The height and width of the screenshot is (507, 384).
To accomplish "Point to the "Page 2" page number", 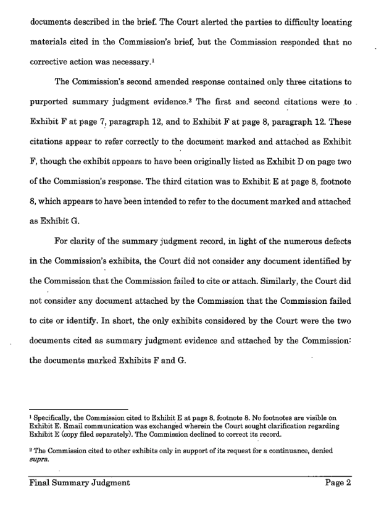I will pyautogui.click(x=338, y=484).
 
